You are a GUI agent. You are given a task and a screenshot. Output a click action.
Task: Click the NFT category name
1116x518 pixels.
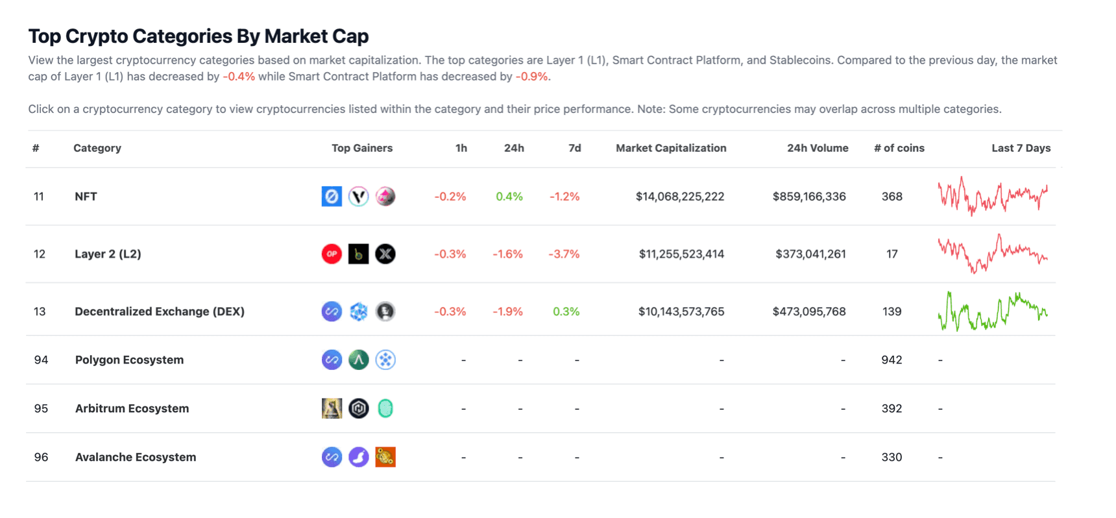[x=86, y=197]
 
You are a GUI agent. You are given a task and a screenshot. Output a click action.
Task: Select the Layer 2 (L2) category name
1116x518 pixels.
[x=108, y=254]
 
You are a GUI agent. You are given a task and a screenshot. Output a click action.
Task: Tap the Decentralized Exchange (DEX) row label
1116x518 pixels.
[x=160, y=312]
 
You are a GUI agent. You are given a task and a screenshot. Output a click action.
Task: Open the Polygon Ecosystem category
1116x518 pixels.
[x=129, y=360]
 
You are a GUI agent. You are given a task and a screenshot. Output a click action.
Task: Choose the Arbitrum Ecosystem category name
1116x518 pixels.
[x=132, y=408]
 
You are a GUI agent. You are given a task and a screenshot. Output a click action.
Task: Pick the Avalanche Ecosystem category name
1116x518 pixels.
[x=135, y=457]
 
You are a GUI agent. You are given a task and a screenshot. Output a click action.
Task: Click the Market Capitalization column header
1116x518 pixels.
[x=671, y=148]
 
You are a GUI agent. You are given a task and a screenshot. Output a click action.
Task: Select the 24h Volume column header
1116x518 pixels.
[x=818, y=148]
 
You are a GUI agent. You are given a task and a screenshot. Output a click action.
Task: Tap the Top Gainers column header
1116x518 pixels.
[x=362, y=148]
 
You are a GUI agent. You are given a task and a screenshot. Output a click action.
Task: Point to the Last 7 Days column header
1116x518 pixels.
[x=1021, y=148]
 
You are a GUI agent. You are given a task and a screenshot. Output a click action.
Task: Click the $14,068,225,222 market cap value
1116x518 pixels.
[x=679, y=197]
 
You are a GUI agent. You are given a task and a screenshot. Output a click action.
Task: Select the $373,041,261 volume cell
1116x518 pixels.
[x=810, y=254]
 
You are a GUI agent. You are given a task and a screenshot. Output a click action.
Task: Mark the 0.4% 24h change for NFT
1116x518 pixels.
[x=509, y=197]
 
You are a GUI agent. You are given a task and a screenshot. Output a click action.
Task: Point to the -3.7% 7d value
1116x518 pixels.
[x=564, y=254]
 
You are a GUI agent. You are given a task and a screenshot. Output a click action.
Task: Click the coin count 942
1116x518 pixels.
[x=892, y=360]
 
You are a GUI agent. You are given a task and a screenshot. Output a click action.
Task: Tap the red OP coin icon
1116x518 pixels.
[x=332, y=254]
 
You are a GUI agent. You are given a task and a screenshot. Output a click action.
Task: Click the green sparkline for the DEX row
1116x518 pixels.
[x=993, y=312]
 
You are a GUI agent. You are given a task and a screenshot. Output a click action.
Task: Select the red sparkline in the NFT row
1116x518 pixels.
[x=993, y=196]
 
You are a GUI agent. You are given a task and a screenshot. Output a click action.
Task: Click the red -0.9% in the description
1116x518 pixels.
[x=532, y=77]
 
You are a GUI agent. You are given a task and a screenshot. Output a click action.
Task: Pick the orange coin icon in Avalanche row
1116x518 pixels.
[x=385, y=457]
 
